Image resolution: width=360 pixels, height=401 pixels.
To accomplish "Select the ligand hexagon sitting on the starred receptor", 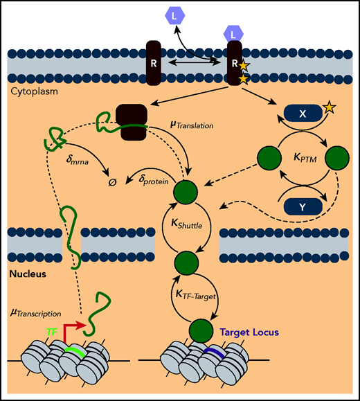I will point(233,33).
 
